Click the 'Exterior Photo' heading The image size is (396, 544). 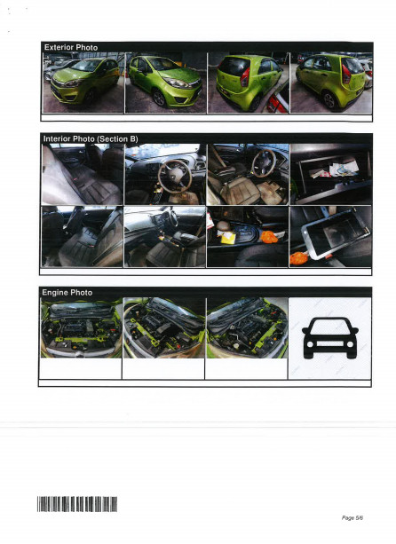[x=70, y=46]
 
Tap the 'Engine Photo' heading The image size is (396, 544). [x=67, y=292]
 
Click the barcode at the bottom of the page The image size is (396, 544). [x=78, y=505]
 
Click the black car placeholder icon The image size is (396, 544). [x=329, y=338]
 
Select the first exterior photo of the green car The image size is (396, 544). [x=83, y=83]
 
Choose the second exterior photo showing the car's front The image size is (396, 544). [x=164, y=83]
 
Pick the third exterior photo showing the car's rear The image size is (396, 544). [x=247, y=83]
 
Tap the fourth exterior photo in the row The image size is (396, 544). [x=329, y=83]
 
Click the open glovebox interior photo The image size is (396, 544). [x=329, y=174]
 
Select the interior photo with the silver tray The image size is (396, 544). [x=329, y=236]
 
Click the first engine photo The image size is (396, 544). [x=83, y=327]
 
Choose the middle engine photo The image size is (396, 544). [x=164, y=327]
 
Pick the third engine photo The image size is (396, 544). [x=247, y=327]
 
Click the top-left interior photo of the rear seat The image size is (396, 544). [x=83, y=174]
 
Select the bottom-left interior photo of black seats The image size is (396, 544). [x=83, y=236]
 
